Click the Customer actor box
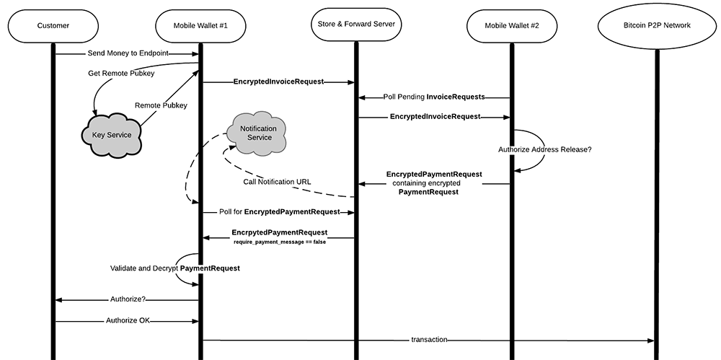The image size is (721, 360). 53,26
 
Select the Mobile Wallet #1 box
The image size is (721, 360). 200,26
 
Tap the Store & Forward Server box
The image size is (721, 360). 355,25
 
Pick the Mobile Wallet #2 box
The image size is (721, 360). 511,26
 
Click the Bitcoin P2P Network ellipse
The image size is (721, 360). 656,26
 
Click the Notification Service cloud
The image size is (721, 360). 259,133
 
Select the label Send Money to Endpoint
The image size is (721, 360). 127,53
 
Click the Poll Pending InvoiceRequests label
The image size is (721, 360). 433,96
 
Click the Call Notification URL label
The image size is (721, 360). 277,181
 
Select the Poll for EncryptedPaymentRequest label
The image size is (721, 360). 280,212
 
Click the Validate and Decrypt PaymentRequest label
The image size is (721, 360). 175,268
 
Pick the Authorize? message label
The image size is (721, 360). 128,299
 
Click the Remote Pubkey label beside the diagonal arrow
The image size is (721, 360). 161,105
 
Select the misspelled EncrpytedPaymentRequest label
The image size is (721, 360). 280,232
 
